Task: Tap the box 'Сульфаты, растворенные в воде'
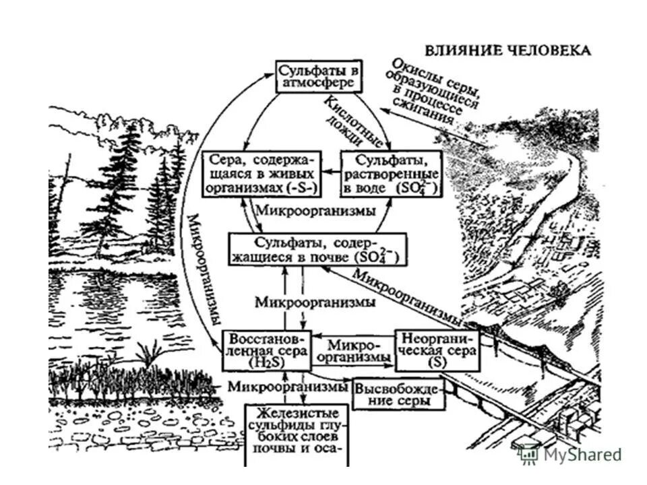pos(390,173)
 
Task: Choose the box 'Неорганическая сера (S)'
pos(437,350)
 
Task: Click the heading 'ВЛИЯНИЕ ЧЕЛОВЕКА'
pos(507,51)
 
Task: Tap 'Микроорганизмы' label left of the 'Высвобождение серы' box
pos(287,387)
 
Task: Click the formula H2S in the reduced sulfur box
pos(264,361)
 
